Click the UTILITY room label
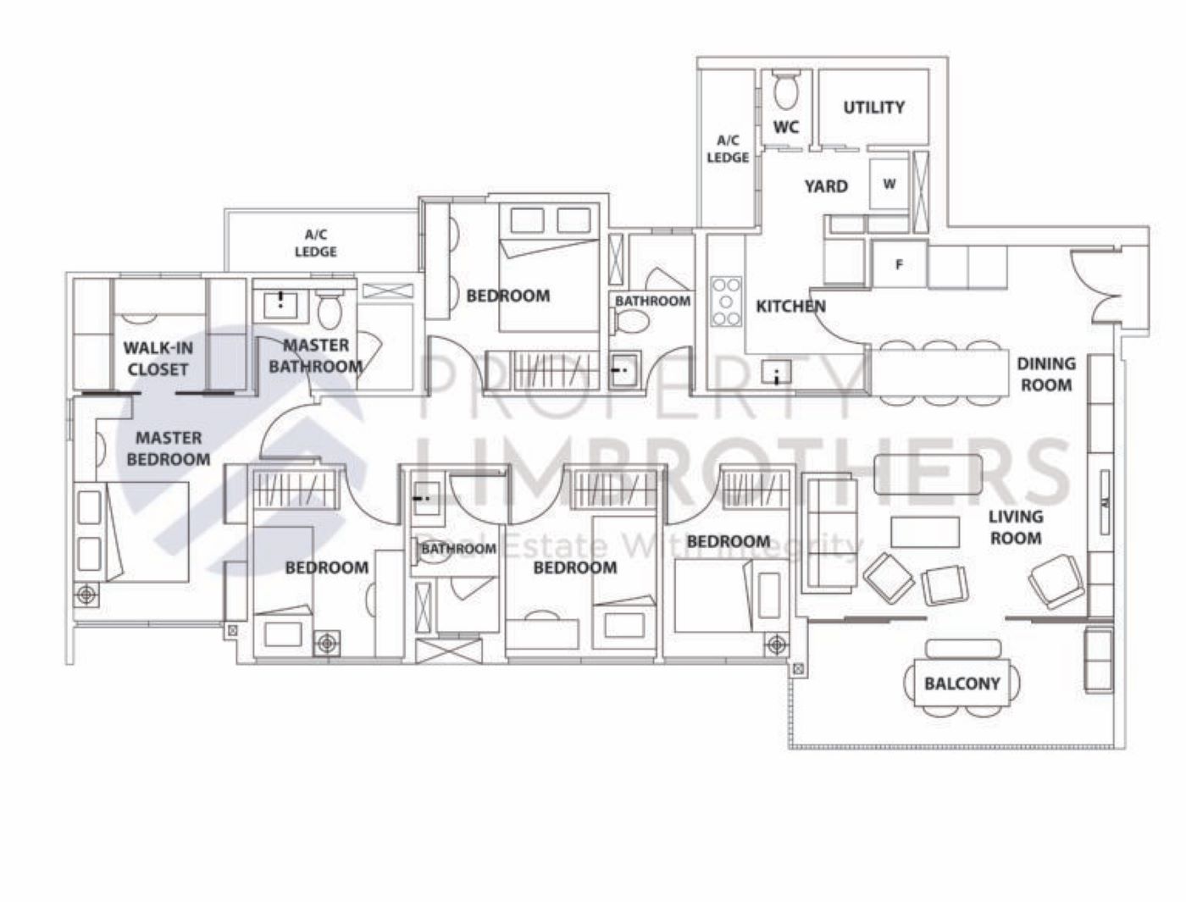pos(873,108)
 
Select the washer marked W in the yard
pos(889,184)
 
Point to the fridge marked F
pos(899,265)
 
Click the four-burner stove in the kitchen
pos(726,302)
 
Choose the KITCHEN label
pos(790,306)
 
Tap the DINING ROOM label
pos(1045,374)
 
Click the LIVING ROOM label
pos(1016,527)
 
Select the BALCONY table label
pos(962,683)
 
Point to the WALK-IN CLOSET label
pos(158,358)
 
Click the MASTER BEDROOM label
pos(169,448)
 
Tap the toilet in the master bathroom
pos(329,310)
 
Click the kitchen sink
pos(776,372)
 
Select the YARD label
pos(826,185)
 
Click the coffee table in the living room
pos(925,532)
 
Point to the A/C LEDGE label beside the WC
pos(728,149)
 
